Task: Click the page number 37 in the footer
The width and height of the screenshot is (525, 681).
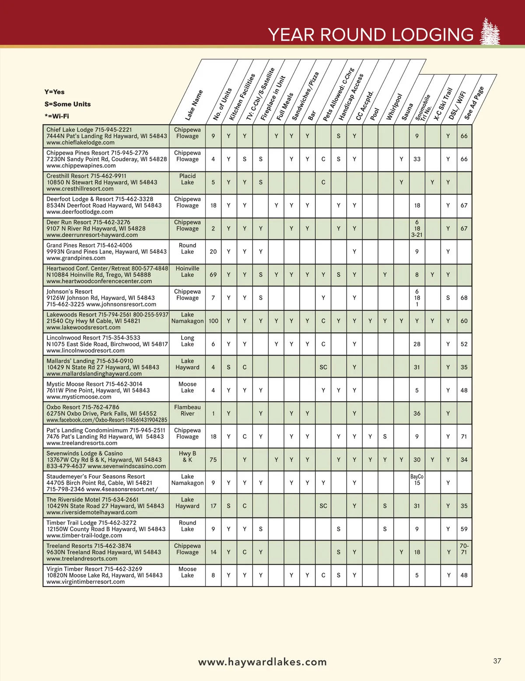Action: coord(497,661)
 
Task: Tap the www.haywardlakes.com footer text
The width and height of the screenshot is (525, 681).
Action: coord(262,662)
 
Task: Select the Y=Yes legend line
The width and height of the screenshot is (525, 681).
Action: coord(54,92)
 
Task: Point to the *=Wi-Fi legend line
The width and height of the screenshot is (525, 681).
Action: coord(56,116)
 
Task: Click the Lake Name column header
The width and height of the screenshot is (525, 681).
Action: coord(194,105)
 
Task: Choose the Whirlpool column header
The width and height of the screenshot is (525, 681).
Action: coord(394,107)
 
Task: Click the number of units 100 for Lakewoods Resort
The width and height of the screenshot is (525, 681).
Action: coord(213,321)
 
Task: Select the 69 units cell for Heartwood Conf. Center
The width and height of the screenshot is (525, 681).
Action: coord(213,274)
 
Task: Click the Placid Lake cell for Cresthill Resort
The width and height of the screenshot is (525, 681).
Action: coord(187,179)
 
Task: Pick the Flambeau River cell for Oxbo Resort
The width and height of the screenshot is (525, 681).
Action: coord(187,410)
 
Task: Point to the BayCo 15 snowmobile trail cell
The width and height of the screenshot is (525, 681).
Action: coord(417,479)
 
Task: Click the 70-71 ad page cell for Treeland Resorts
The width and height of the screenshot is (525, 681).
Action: coord(464,549)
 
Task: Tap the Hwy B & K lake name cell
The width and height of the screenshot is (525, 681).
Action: coord(187,457)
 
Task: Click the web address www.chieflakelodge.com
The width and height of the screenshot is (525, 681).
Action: coord(80,142)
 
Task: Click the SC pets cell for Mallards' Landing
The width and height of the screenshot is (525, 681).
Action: coord(323,367)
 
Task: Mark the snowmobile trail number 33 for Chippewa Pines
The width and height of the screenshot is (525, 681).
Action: coord(417,159)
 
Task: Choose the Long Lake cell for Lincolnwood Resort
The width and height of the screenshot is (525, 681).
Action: coord(187,341)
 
